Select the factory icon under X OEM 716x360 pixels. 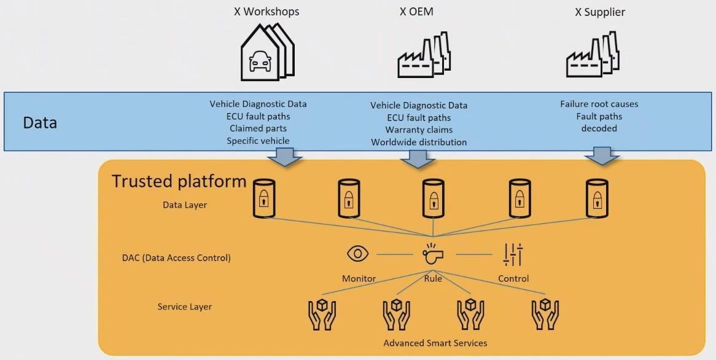coord(424,55)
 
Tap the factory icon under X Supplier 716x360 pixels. coord(592,55)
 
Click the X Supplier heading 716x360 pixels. coord(600,12)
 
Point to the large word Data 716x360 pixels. coord(40,122)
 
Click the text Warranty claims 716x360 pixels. coord(419,130)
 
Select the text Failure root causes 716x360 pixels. coord(599,104)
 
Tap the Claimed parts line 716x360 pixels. coord(258,128)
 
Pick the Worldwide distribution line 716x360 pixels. coord(419,142)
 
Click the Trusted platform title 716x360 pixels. coord(179,181)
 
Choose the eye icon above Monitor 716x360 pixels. coord(357,253)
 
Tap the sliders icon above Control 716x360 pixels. coord(513,254)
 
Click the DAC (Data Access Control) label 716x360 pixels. coord(176,257)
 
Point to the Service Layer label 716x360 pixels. coord(185,307)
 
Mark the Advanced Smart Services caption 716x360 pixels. coord(435,342)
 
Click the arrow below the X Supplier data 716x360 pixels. coord(601,155)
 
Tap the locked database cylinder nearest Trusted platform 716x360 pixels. coord(263,198)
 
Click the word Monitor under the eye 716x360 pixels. coord(359,278)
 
